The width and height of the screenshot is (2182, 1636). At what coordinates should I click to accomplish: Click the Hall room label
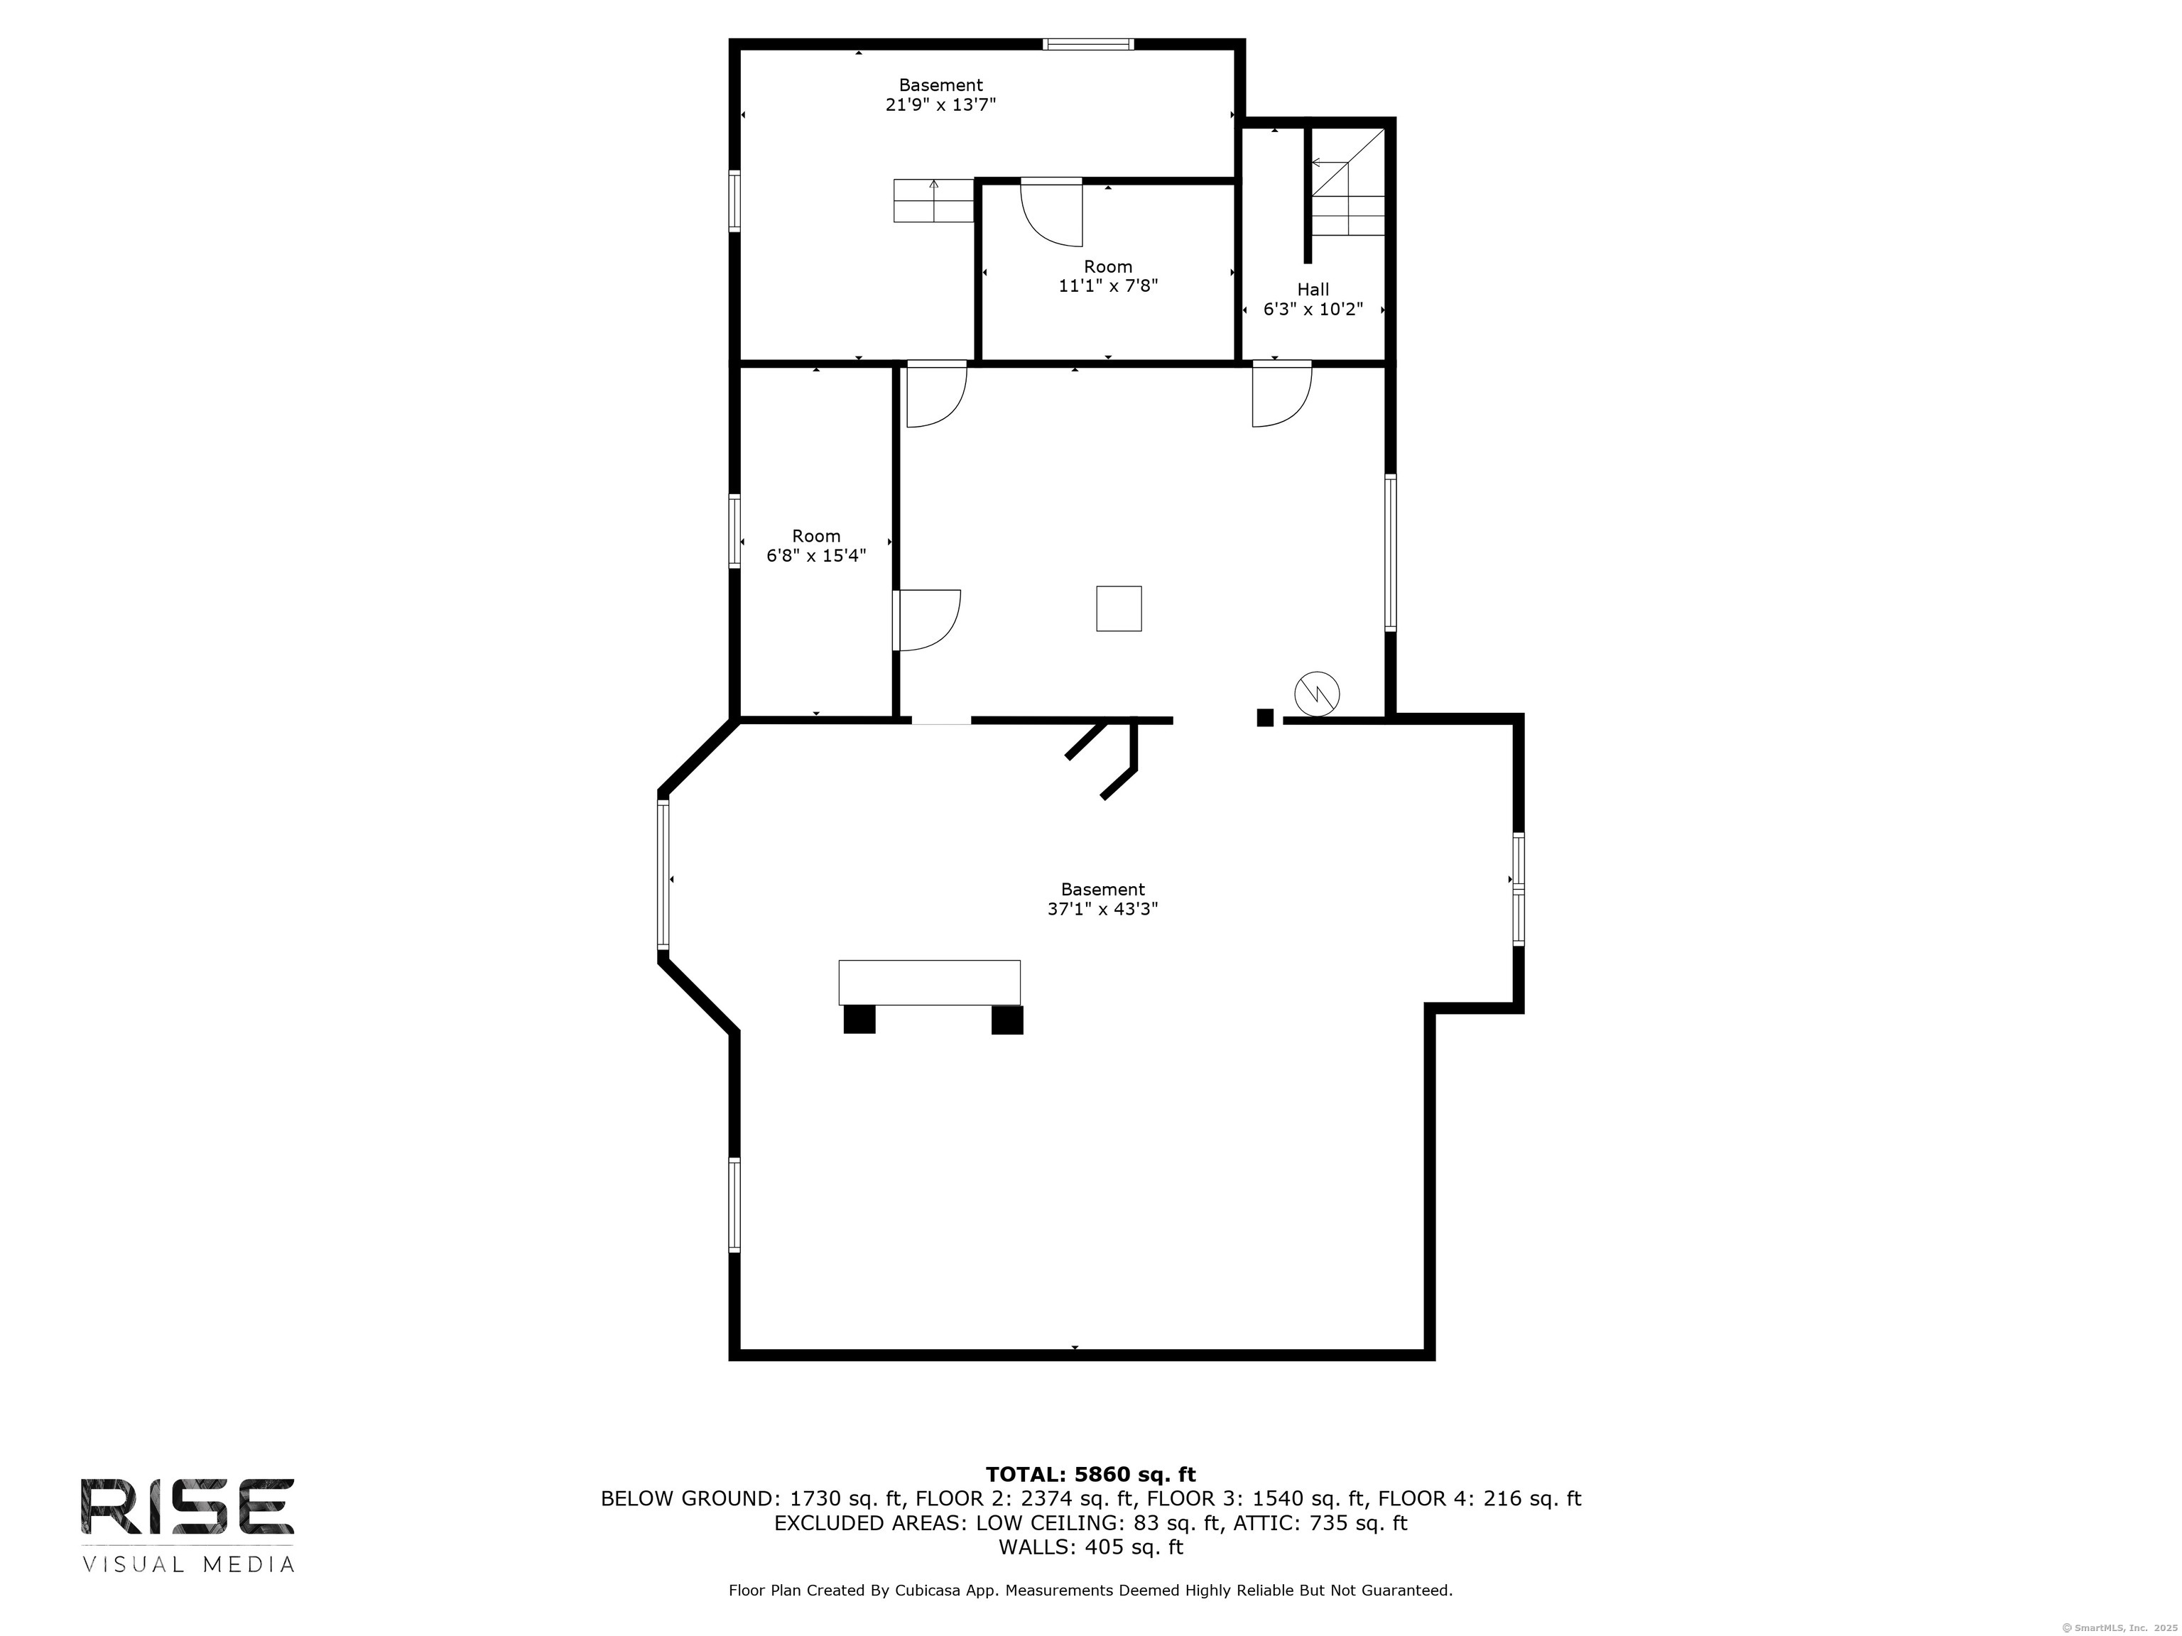click(1312, 289)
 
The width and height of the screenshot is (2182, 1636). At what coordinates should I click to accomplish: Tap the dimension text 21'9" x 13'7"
click(940, 104)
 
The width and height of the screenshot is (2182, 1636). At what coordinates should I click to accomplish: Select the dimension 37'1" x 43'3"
click(1102, 909)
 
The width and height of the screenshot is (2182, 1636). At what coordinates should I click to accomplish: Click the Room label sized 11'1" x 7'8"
click(1108, 266)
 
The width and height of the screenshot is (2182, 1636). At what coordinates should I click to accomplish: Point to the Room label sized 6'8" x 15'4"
click(816, 535)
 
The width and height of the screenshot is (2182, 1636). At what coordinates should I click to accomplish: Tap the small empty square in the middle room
click(1119, 609)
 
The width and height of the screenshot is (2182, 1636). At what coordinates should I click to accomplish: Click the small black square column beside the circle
click(1264, 718)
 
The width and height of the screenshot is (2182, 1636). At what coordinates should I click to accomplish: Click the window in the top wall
click(1088, 43)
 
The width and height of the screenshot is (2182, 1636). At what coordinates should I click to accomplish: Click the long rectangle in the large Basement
click(928, 982)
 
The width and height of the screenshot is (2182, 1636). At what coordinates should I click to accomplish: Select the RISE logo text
click(188, 1506)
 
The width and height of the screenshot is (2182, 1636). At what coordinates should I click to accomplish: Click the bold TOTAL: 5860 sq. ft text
click(1090, 1474)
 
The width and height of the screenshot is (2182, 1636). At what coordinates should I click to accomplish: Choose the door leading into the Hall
click(1281, 395)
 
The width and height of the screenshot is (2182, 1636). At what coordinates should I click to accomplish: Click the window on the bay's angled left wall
click(663, 875)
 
